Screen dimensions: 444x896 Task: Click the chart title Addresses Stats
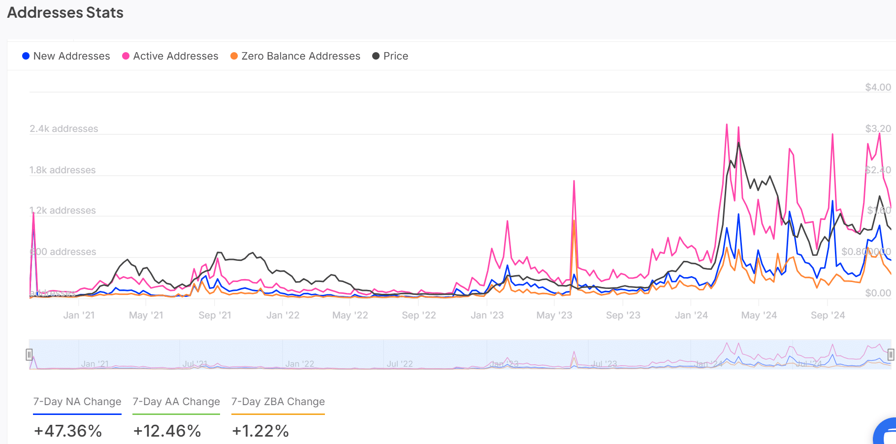click(65, 13)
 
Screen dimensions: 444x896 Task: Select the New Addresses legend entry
click(66, 56)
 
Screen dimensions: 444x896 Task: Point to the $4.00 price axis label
click(878, 87)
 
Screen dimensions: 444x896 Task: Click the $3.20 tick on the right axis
click(878, 128)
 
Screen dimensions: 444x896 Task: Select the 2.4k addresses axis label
click(64, 128)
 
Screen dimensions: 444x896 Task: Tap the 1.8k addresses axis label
click(63, 170)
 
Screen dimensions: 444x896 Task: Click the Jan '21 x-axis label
click(79, 315)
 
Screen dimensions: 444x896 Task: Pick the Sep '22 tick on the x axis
click(418, 315)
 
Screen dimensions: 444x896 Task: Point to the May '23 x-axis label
click(554, 315)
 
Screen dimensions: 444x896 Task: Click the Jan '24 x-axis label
click(691, 315)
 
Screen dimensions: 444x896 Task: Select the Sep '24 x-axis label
click(828, 315)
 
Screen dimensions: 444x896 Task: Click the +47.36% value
click(68, 431)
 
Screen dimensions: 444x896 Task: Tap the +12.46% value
click(167, 431)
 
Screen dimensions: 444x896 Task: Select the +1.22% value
click(260, 431)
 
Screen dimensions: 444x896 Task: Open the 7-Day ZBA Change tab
click(278, 402)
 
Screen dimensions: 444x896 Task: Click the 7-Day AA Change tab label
click(176, 402)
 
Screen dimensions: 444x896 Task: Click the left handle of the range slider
click(29, 354)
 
